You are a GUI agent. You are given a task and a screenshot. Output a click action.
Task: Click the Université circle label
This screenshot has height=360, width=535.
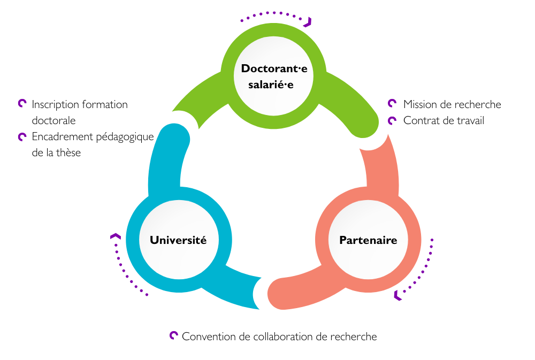tap(178, 240)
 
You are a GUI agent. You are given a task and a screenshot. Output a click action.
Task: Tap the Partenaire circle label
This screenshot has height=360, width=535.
tap(368, 240)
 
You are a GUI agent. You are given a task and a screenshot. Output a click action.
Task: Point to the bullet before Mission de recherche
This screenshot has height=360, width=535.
tap(392, 104)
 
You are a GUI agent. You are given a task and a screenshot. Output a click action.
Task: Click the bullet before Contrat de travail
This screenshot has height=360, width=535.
tap(392, 120)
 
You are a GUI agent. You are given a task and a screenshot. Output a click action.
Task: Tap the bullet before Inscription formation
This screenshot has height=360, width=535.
tap(22, 104)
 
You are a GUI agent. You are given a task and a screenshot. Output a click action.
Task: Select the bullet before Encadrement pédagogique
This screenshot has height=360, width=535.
tap(22, 136)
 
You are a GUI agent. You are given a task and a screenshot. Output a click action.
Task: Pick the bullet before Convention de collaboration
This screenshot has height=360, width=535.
tap(173, 335)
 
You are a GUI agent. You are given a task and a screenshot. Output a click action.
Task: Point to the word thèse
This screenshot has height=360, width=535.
tap(68, 152)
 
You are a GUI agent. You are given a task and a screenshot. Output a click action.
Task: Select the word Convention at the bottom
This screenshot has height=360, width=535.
tap(209, 336)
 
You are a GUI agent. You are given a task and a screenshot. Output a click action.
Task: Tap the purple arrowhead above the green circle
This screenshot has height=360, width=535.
tap(307, 22)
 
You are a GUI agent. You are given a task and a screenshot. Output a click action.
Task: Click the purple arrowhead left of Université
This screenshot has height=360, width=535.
tap(115, 236)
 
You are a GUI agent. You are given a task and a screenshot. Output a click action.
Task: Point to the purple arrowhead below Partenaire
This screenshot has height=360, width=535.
tap(397, 295)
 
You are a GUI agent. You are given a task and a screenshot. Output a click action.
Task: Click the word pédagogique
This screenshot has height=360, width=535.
tap(125, 137)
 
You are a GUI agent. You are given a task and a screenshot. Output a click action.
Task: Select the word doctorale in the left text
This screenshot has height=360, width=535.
tap(53, 120)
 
